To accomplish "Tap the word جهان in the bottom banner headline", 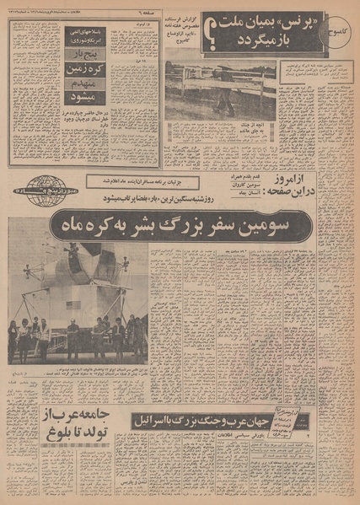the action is click(271, 420).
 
